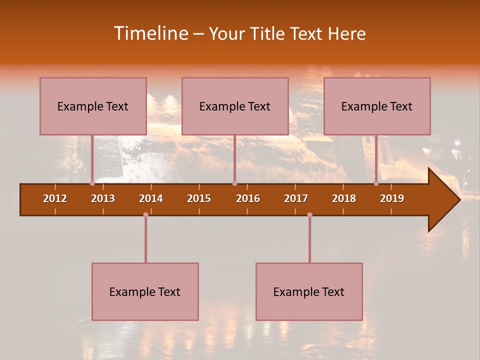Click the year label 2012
coord(55,198)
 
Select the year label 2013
coord(103,198)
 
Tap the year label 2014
coord(151,198)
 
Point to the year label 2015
coord(199,198)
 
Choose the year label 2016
coord(248,198)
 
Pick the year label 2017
coord(296,198)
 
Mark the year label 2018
coord(344,198)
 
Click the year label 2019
coord(392,198)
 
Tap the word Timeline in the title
coord(149,33)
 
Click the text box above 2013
coord(93,106)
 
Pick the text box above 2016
coord(235,106)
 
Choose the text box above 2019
coord(377,106)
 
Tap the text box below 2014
coord(145,291)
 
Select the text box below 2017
coord(309,291)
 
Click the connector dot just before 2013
coord(92,183)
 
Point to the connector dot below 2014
coord(145,214)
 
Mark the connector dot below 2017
coord(309,214)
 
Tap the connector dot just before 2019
coord(376,183)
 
